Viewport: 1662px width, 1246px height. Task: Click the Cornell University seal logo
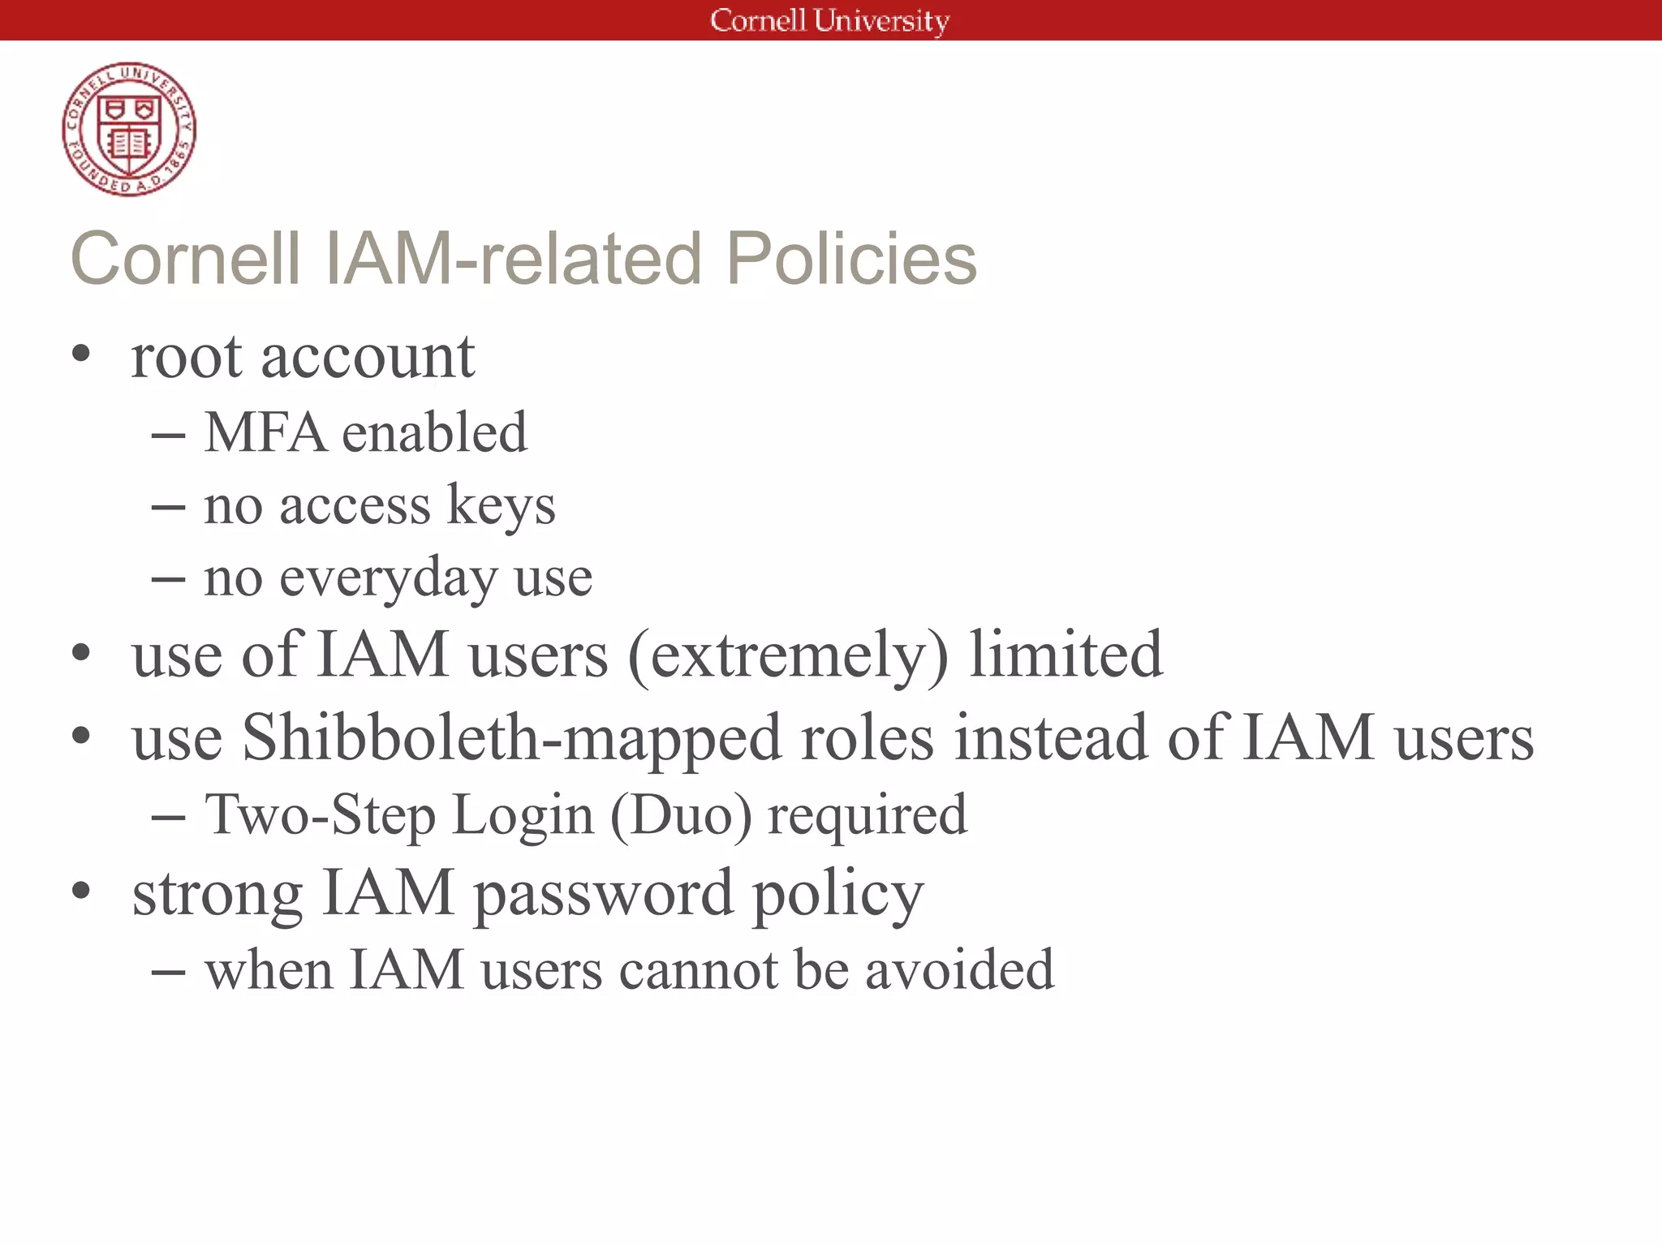tap(129, 129)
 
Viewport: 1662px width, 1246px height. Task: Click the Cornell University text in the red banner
tap(829, 20)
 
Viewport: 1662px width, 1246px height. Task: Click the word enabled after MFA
tap(435, 432)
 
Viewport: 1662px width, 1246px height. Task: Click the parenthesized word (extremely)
tap(788, 655)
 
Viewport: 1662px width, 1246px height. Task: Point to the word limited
tap(1066, 655)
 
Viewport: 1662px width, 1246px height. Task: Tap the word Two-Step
tap(320, 814)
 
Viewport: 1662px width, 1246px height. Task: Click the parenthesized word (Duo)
tap(681, 814)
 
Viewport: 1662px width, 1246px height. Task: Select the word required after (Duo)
tap(868, 814)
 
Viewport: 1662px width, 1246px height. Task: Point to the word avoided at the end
tap(959, 969)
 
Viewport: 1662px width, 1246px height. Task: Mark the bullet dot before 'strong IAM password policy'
tap(81, 892)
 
